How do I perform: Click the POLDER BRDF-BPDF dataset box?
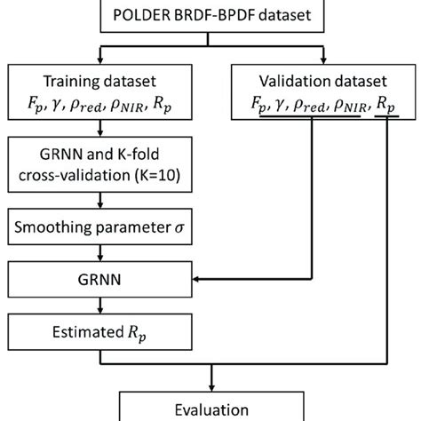point(210,15)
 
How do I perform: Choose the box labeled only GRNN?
point(101,280)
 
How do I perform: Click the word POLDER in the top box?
point(142,15)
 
